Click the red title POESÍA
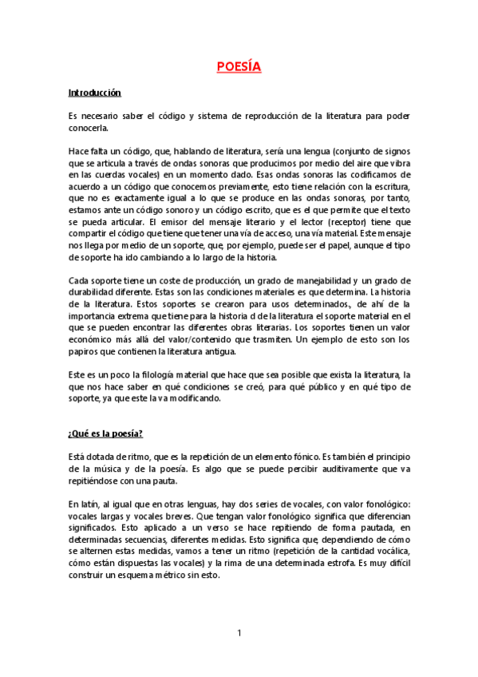pyautogui.click(x=239, y=66)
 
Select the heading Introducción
pyautogui.click(x=94, y=93)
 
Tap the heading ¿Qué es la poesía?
pyautogui.click(x=105, y=434)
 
